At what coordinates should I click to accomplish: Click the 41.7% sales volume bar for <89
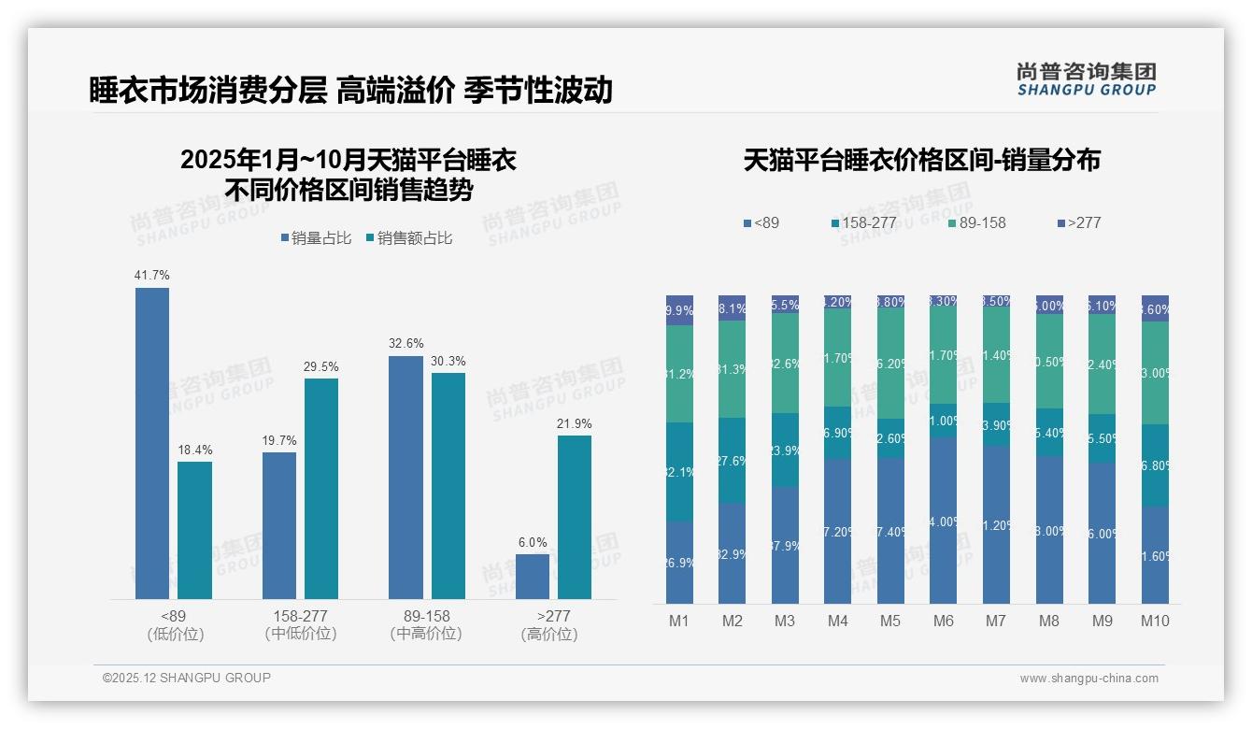[152, 443]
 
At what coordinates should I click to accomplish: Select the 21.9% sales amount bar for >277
[575, 517]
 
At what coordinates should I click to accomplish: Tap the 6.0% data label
[533, 542]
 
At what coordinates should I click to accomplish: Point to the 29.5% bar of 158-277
[321, 488]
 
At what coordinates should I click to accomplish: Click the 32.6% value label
[406, 343]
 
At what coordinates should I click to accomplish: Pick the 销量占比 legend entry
[316, 238]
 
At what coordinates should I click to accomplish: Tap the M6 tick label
[943, 621]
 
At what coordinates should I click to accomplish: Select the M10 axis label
[1155, 621]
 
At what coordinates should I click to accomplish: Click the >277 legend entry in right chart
[1079, 222]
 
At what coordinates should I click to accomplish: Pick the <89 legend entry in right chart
[761, 222]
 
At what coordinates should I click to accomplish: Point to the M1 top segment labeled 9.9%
[679, 310]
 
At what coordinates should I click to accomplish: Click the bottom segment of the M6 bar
[944, 521]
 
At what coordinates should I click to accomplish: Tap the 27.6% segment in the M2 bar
[732, 460]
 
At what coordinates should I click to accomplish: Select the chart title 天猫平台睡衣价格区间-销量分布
[921, 160]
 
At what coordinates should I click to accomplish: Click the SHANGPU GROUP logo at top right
[1086, 79]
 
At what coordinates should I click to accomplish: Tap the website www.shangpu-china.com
[1088, 679]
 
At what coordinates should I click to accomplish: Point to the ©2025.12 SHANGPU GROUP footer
[187, 678]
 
